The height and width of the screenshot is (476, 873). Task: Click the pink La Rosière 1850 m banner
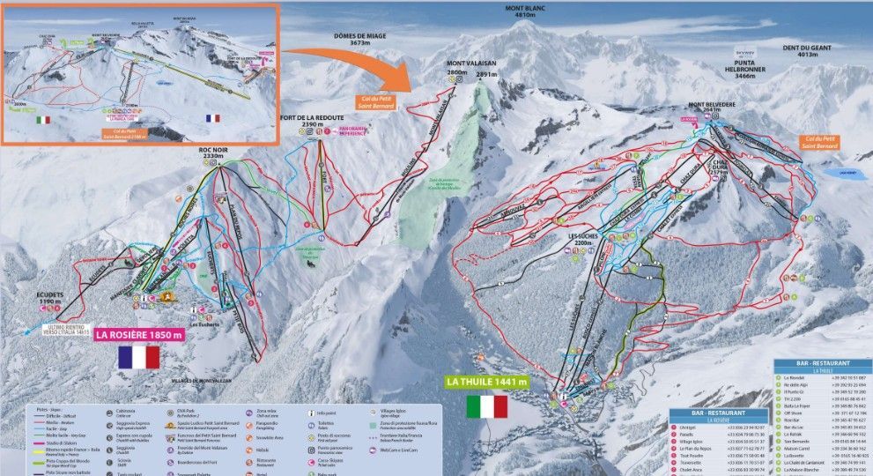(139, 335)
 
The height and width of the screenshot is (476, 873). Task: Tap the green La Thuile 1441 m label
(487, 382)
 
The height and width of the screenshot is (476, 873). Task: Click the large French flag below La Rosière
(139, 357)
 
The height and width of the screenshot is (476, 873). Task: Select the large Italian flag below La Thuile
(487, 406)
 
